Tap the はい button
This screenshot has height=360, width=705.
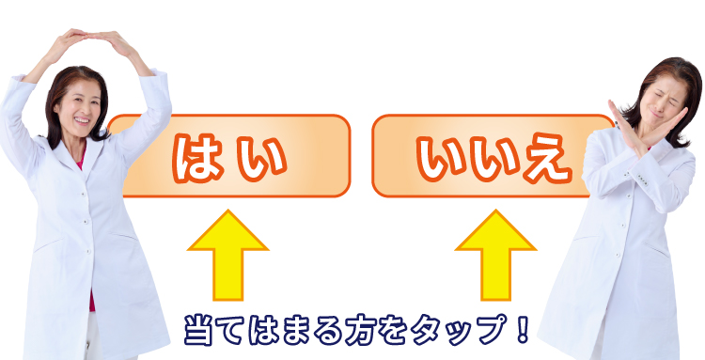pyautogui.click(x=234, y=155)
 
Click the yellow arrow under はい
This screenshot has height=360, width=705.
pyautogui.click(x=228, y=255)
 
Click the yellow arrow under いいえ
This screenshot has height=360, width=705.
pyautogui.click(x=496, y=255)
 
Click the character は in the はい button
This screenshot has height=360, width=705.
pyautogui.click(x=197, y=158)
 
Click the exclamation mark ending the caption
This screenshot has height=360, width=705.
pyautogui.click(x=522, y=329)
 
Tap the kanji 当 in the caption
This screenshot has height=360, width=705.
pyautogui.click(x=198, y=330)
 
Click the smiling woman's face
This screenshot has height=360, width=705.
pyautogui.click(x=78, y=107)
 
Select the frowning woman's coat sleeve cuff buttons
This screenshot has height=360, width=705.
pyautogui.click(x=643, y=182)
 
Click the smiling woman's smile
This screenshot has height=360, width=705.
pyautogui.click(x=82, y=120)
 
